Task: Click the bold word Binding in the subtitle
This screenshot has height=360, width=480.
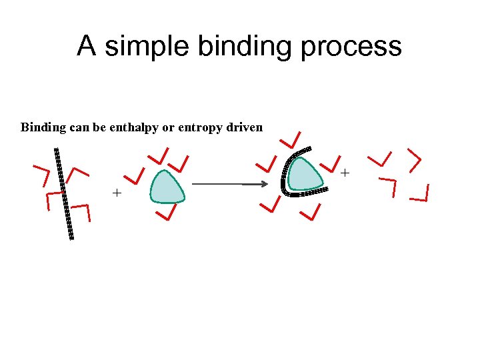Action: click(x=44, y=127)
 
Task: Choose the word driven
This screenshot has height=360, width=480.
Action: click(x=245, y=127)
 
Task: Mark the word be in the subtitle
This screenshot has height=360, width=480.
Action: click(x=99, y=127)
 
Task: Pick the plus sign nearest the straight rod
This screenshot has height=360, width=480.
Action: click(x=117, y=193)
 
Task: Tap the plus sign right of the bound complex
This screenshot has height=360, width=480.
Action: click(x=345, y=173)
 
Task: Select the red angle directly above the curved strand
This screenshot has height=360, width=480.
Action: click(x=291, y=139)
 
